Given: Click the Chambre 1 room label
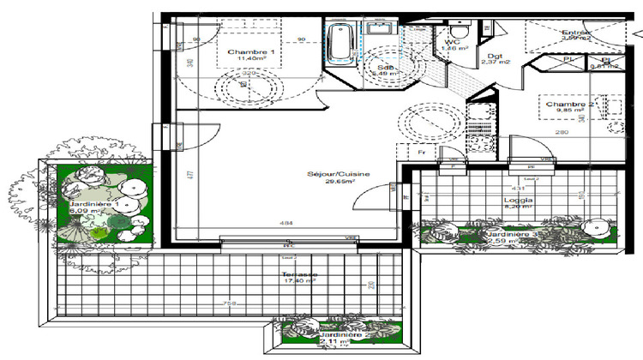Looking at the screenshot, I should [x=250, y=53].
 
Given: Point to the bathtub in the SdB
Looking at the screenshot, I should [x=340, y=42].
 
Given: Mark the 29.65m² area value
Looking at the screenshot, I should [x=339, y=183].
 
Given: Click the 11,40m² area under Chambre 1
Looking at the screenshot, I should [x=250, y=62].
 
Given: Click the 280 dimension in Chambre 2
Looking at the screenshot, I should [x=562, y=133].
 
